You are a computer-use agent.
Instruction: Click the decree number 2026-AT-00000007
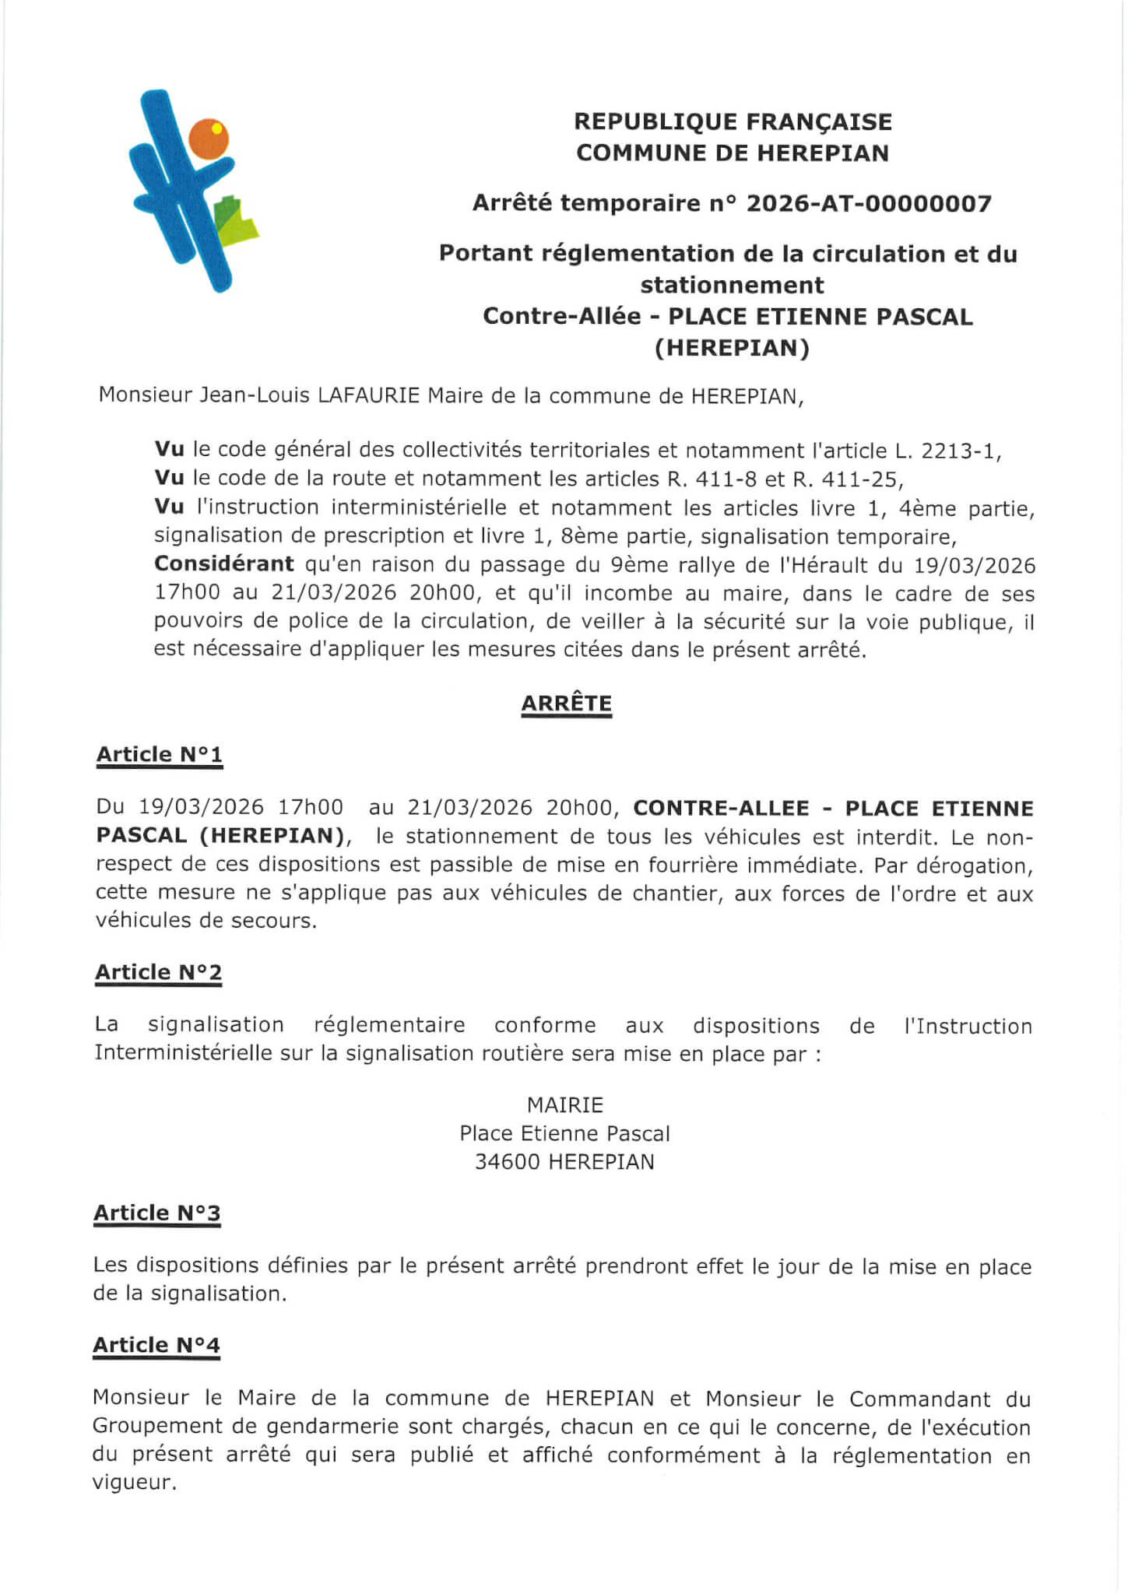(x=869, y=204)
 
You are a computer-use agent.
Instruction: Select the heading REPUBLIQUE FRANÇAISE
(x=733, y=122)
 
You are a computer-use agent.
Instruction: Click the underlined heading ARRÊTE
(x=566, y=704)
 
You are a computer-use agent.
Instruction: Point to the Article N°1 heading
(x=160, y=754)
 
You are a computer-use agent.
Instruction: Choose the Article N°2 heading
(x=159, y=972)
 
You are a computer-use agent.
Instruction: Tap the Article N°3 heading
(x=157, y=1213)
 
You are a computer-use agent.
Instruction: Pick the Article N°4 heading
(x=156, y=1345)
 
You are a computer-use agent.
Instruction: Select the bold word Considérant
(x=224, y=564)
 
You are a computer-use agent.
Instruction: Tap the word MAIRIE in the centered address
(x=565, y=1104)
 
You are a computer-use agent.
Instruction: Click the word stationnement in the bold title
(x=732, y=286)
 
